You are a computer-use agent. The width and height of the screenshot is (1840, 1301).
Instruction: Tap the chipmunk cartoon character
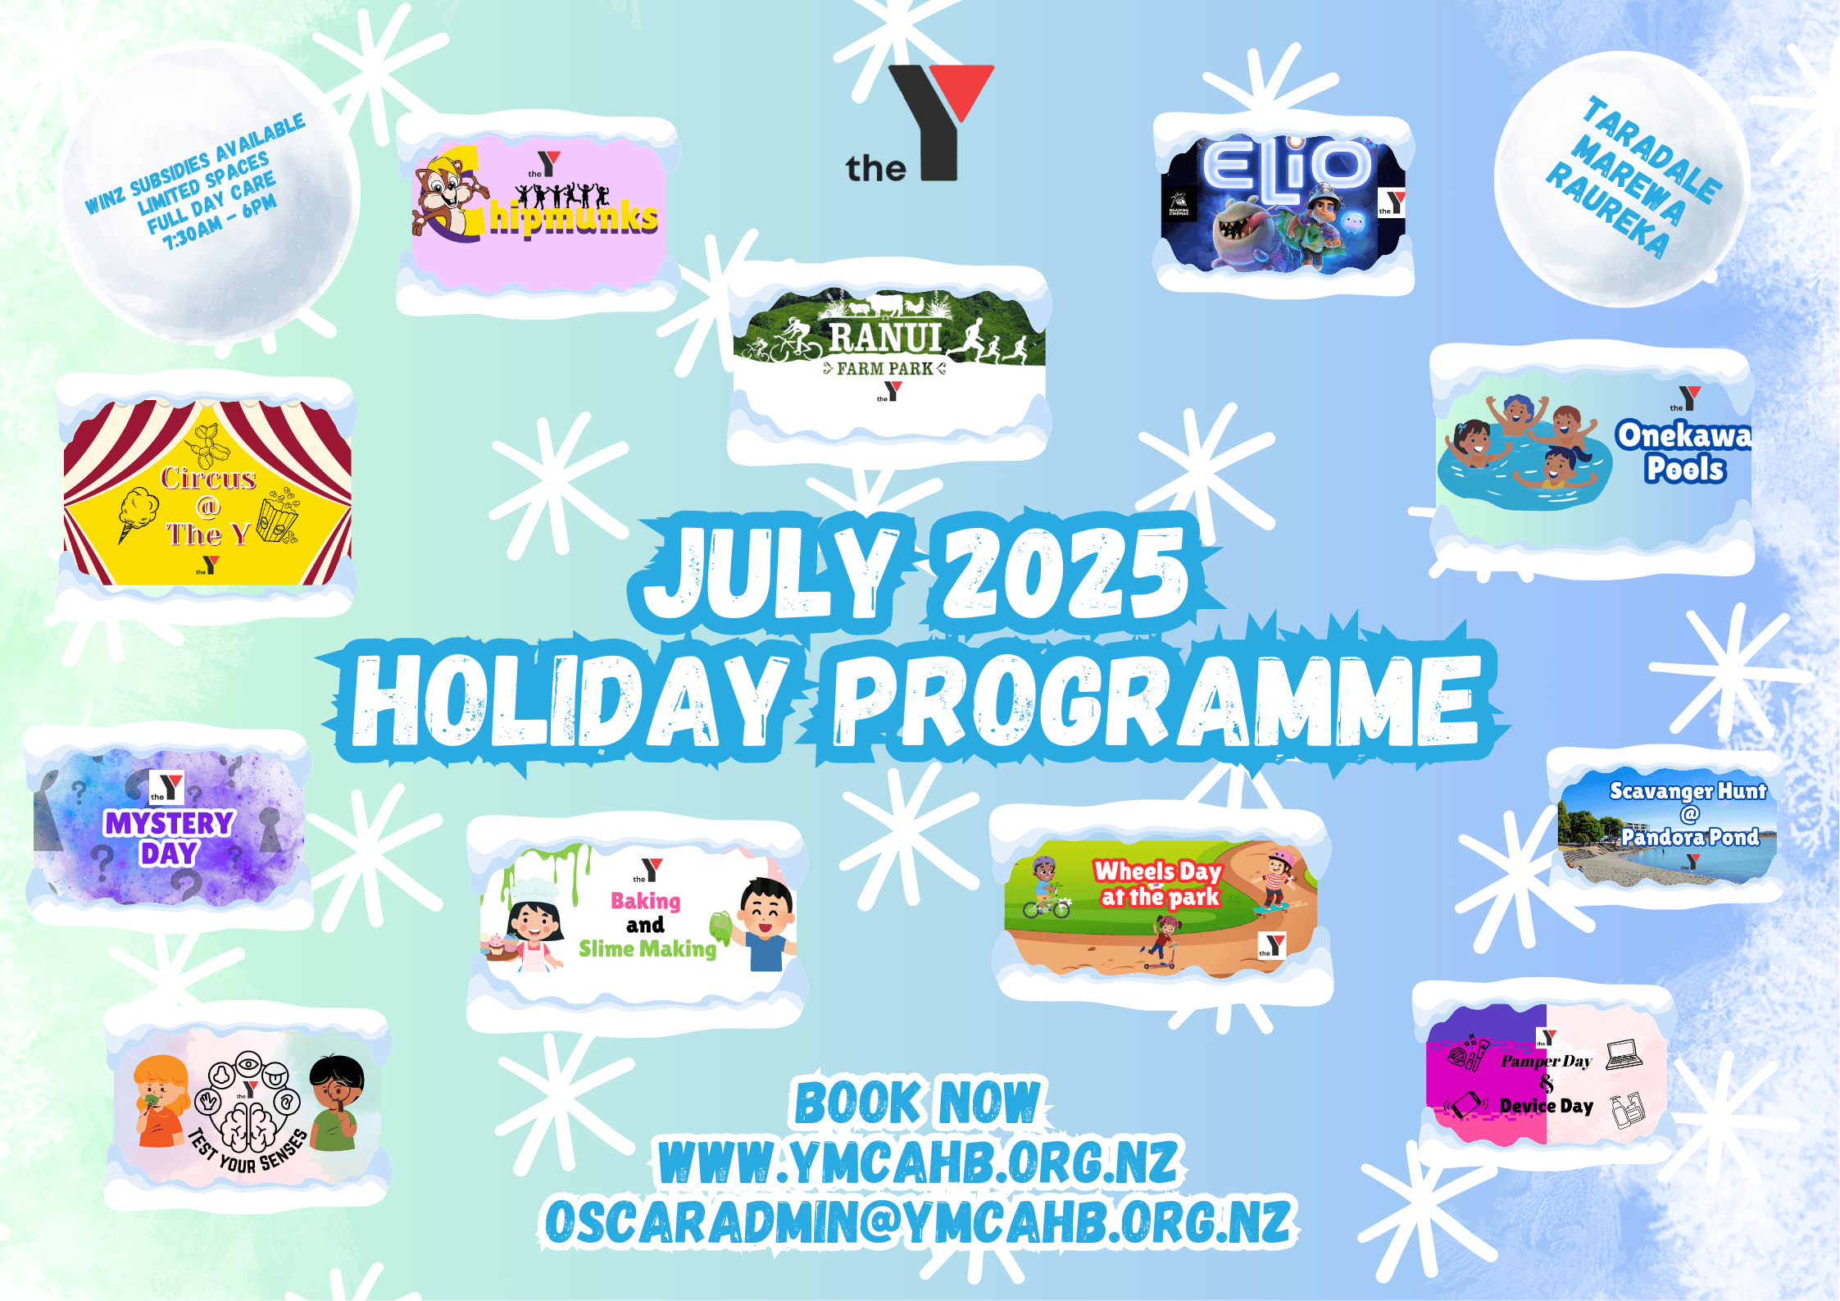(x=443, y=197)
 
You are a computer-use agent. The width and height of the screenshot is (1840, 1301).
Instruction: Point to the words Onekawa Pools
(x=1683, y=452)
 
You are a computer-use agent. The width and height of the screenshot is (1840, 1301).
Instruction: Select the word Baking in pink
(x=646, y=901)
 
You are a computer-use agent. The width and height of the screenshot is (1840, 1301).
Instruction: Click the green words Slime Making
(x=647, y=948)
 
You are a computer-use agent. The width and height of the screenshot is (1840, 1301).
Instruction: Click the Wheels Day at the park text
(x=1159, y=883)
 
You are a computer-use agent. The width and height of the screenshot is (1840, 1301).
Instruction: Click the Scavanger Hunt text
(x=1688, y=791)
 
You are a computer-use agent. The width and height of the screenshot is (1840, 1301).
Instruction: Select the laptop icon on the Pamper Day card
(x=1624, y=1054)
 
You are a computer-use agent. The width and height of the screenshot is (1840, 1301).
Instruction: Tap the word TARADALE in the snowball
(x=1652, y=152)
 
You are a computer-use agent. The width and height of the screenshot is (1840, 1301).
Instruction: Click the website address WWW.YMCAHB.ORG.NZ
(x=919, y=1162)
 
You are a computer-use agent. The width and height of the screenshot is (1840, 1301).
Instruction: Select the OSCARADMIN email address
(x=918, y=1221)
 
